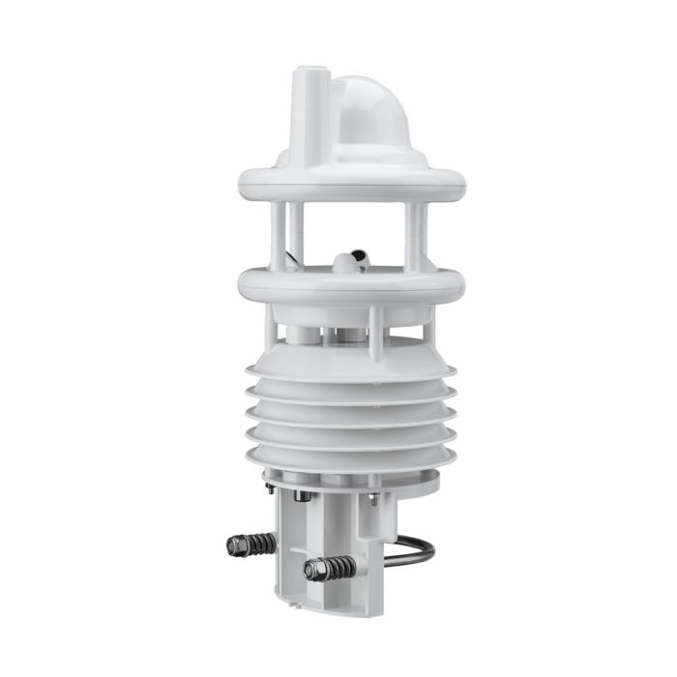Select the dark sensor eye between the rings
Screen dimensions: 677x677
coord(350,259)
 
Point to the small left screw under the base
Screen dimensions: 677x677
coord(270,488)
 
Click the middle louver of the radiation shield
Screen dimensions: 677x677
coord(351,414)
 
